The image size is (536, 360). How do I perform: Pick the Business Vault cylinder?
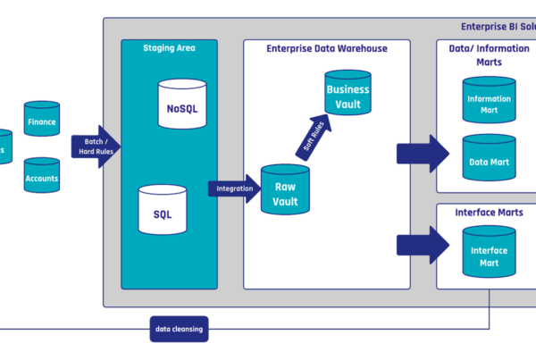348,96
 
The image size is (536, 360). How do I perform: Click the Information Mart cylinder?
489,100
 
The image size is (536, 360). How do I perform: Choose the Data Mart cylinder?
489,159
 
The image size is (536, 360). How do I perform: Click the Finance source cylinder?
42,120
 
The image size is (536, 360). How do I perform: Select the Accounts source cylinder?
42,175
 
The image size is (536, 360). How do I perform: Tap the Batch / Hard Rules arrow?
95,147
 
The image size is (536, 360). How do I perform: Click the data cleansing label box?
180,330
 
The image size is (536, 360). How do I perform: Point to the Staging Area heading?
169,47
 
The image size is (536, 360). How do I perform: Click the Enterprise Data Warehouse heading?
327,47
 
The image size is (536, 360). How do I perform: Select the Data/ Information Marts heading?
488,54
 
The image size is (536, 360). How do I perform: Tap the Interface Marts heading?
489,213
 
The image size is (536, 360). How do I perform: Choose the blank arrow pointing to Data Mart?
423,154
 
